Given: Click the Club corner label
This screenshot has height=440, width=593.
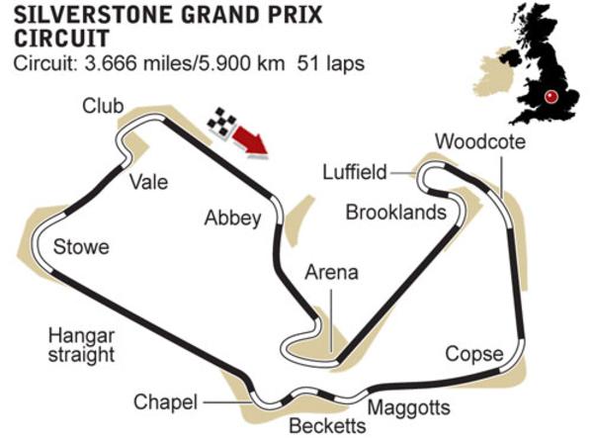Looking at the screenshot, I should [x=103, y=106].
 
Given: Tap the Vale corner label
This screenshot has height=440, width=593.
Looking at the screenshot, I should [x=148, y=182].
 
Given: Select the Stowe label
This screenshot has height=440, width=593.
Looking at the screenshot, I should [x=81, y=246].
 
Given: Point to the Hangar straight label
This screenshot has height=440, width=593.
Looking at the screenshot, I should [x=81, y=344].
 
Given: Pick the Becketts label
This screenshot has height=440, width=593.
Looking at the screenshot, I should [x=326, y=426].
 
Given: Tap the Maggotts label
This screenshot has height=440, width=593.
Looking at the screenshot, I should [x=408, y=407].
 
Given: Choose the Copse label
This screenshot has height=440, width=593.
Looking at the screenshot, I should [x=473, y=353].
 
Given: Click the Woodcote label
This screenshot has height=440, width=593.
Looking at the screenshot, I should [x=479, y=140].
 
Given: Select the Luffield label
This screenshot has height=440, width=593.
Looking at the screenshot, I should [x=354, y=172].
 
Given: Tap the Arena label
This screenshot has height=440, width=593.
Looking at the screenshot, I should [x=330, y=273].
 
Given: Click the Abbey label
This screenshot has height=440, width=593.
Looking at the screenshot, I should [x=232, y=219].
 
